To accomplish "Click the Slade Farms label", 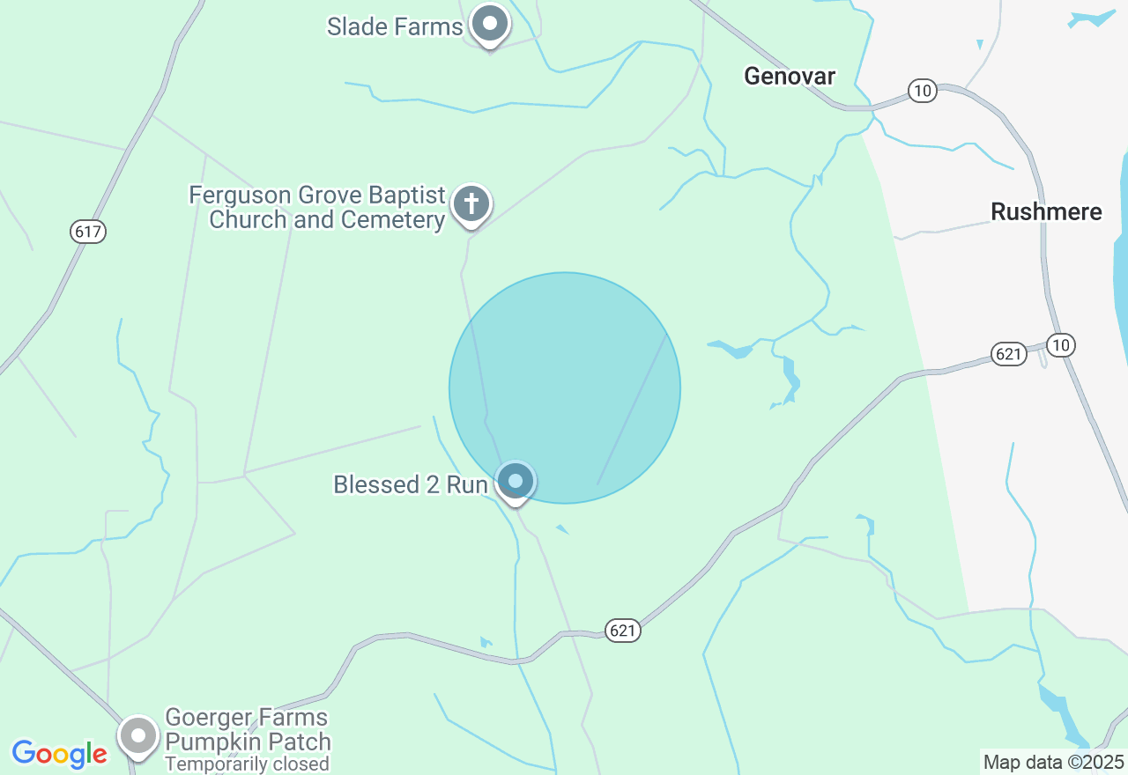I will [x=394, y=26].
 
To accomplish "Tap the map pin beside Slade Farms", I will [x=489, y=24].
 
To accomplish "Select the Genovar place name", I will [x=790, y=76].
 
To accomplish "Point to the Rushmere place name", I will [x=1046, y=212].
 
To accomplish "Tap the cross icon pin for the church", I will [x=471, y=204].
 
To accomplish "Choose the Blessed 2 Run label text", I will [x=410, y=484].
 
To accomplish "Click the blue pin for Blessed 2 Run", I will [x=516, y=481].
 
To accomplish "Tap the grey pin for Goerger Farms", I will [x=138, y=735].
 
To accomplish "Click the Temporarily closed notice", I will [x=247, y=764].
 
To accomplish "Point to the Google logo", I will [x=59, y=754].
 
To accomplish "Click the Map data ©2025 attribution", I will [x=1054, y=762].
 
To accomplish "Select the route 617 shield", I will [x=88, y=232].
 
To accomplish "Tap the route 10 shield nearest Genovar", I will [x=922, y=91].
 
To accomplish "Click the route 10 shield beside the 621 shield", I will [x=1061, y=344].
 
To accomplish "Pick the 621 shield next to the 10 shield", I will [x=1009, y=354].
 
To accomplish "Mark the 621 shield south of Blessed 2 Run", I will [x=622, y=630].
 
